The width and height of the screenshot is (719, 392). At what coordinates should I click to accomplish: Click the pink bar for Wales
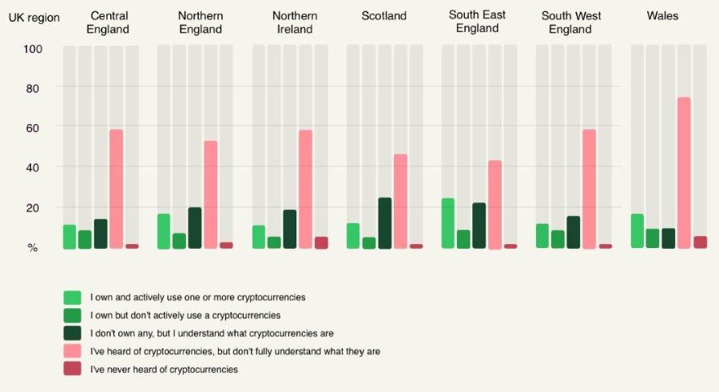tap(684, 173)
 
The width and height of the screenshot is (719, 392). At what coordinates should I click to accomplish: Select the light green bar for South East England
tap(448, 223)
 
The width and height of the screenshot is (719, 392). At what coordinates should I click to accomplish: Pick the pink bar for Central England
tap(116, 189)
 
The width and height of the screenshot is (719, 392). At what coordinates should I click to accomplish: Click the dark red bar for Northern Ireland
tap(321, 242)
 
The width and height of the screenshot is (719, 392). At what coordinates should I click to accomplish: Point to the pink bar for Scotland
tap(400, 201)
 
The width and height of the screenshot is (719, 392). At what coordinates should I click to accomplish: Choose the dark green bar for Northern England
tap(195, 228)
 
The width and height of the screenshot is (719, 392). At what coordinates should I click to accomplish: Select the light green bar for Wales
tap(637, 231)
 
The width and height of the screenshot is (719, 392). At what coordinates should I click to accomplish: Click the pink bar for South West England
tap(590, 189)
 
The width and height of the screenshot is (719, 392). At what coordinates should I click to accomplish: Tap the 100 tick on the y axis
tap(33, 49)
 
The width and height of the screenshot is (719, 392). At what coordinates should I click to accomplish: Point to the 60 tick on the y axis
tap(33, 127)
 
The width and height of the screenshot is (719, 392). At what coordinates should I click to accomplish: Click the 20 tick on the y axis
tap(33, 207)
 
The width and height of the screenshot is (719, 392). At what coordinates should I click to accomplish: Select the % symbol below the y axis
tap(33, 248)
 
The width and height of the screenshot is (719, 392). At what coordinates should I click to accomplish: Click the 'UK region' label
tap(34, 18)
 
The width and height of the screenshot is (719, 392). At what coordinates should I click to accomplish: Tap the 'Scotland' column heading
tap(383, 16)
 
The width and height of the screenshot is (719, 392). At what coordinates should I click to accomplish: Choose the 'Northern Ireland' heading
tap(295, 22)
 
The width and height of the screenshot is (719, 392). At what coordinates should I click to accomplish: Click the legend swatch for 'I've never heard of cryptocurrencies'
tap(72, 369)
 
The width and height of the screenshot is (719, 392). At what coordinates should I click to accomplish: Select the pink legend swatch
tap(72, 350)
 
